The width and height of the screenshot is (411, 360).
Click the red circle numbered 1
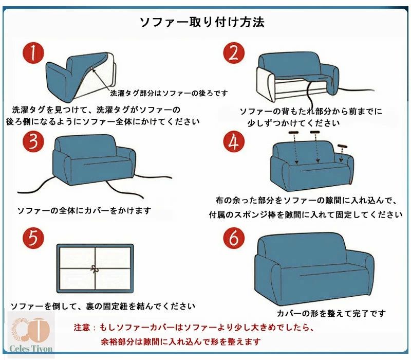pyautogui.click(x=33, y=52)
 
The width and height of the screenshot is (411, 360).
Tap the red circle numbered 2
pyautogui.click(x=234, y=52)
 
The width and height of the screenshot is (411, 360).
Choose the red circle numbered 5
pyautogui.click(x=33, y=238)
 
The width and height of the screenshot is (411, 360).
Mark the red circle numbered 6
pyautogui.click(x=234, y=238)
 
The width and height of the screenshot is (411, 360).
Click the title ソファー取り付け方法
pyautogui.click(x=202, y=22)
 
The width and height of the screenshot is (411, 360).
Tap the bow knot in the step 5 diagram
pyautogui.click(x=95, y=268)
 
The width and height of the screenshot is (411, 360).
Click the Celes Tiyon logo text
pyautogui.click(x=31, y=348)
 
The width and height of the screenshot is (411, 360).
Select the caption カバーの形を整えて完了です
pyautogui.click(x=331, y=313)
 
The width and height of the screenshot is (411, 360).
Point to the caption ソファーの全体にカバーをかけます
pyautogui.click(x=84, y=210)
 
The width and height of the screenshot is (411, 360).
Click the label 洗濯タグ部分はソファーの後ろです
pyautogui.click(x=169, y=93)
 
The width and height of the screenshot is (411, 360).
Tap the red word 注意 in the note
pyautogui.click(x=82, y=327)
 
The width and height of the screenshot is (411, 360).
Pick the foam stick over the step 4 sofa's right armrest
pyautogui.click(x=343, y=146)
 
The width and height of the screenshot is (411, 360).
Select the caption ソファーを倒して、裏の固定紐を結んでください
pyautogui.click(x=103, y=305)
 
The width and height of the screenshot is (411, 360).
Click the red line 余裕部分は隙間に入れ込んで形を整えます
pyautogui.click(x=181, y=341)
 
